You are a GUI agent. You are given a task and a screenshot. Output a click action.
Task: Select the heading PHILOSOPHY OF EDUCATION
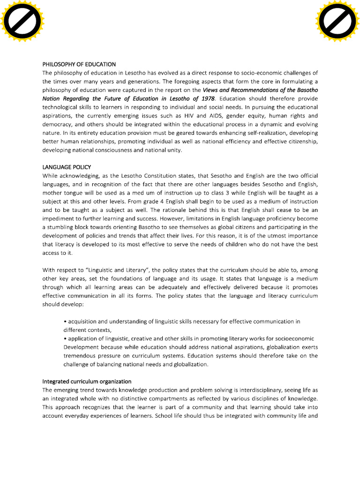point(79,64)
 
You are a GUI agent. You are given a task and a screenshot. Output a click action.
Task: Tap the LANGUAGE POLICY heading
point(67,167)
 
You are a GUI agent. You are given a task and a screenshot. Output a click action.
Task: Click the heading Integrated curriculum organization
point(87,381)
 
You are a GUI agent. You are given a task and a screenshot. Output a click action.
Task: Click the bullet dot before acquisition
point(65,322)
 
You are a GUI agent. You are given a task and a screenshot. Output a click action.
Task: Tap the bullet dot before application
point(65,338)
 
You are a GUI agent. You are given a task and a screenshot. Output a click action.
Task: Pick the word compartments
point(156,398)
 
